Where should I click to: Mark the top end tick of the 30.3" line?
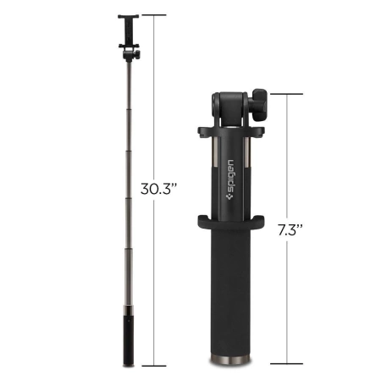[153, 15]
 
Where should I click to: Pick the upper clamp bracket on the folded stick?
[230, 133]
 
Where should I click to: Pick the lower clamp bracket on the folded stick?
[230, 224]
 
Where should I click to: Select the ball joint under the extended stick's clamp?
[130, 54]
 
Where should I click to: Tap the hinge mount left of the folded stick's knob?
[223, 106]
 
